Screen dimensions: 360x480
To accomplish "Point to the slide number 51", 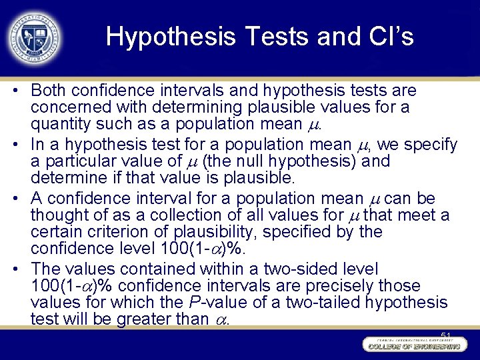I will click(x=446, y=334).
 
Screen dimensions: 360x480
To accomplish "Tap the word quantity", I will click(x=55, y=124).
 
